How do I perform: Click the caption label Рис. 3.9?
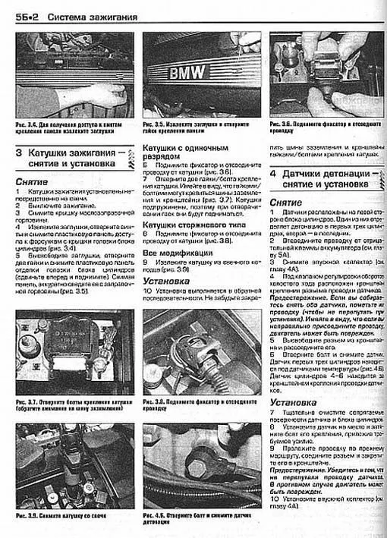click(x=26, y=516)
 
